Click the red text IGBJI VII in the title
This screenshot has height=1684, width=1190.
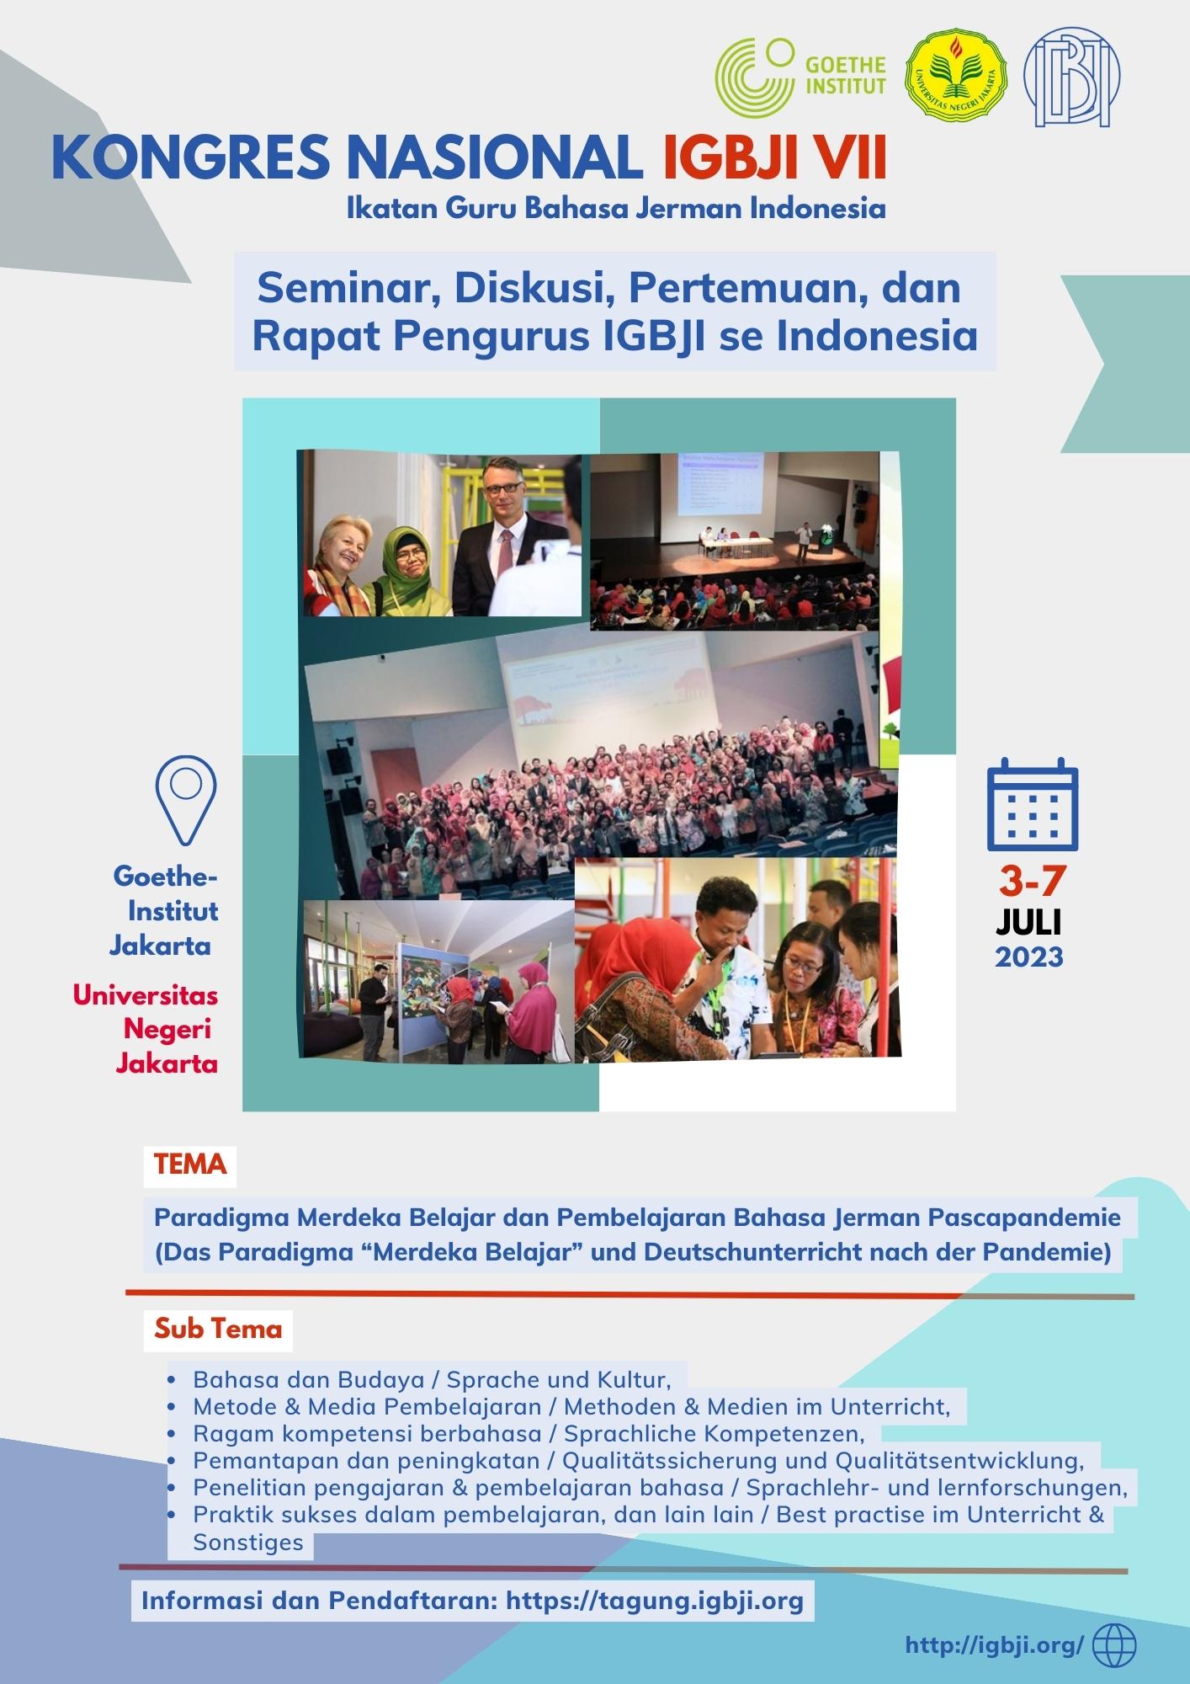pyautogui.click(x=774, y=159)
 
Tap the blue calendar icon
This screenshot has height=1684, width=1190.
pyautogui.click(x=1032, y=805)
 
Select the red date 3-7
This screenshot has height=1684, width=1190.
pyautogui.click(x=1032, y=882)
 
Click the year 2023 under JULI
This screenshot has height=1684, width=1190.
pyautogui.click(x=1029, y=957)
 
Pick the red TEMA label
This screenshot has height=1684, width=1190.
pyautogui.click(x=190, y=1164)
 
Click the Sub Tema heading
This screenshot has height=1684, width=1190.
pyautogui.click(x=218, y=1329)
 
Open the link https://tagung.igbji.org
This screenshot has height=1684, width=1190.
pyautogui.click(x=655, y=1600)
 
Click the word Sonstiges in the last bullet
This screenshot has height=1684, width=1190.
pyautogui.click(x=248, y=1543)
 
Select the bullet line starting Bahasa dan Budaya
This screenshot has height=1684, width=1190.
pyautogui.click(x=431, y=1379)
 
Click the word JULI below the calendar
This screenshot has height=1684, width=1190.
pyautogui.click(x=1028, y=922)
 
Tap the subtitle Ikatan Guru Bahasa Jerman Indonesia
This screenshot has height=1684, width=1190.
pyautogui.click(x=616, y=208)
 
